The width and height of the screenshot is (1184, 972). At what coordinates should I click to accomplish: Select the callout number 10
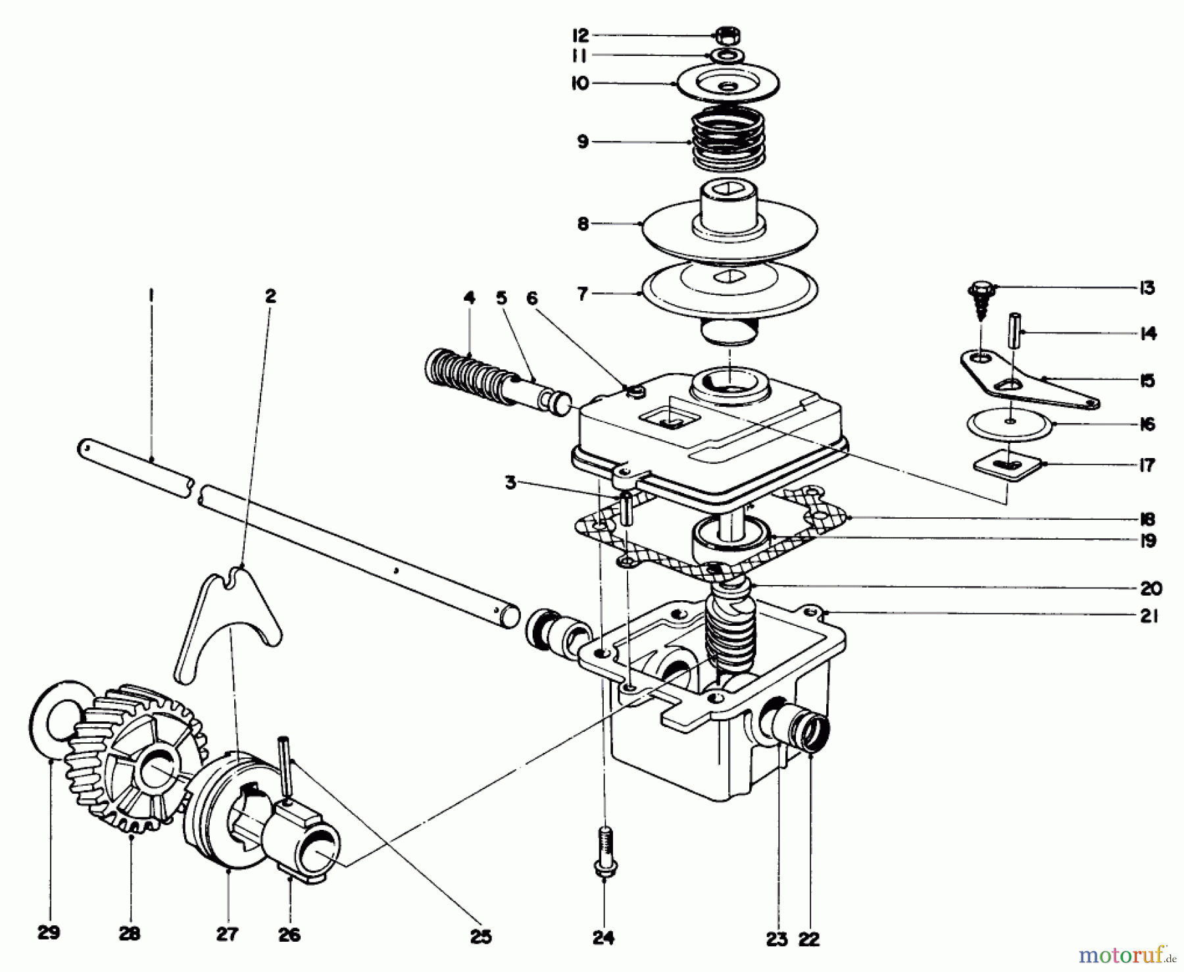(581, 84)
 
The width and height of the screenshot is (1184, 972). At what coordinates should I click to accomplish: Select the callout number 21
(1148, 617)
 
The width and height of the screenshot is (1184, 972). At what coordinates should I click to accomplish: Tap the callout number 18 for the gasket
(1148, 519)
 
